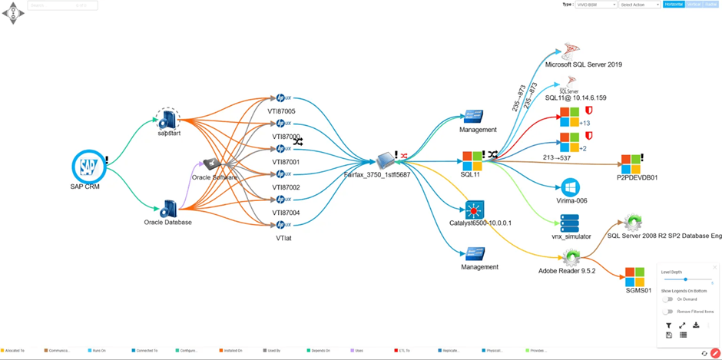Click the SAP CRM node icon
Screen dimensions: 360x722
[x=88, y=167]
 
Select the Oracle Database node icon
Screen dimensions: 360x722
[x=168, y=209]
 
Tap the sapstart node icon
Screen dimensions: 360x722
[x=167, y=119]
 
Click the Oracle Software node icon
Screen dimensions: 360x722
[x=211, y=164]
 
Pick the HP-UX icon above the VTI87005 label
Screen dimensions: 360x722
[x=283, y=98]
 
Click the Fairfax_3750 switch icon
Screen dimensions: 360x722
[x=386, y=160]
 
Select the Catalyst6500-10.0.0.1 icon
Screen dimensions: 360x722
[x=475, y=209]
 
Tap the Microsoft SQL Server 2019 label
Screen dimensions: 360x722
[x=583, y=64]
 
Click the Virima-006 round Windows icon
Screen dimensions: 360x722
[x=570, y=187]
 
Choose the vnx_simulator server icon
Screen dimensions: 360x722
[x=570, y=223]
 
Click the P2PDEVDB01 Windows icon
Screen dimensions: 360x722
[x=631, y=163]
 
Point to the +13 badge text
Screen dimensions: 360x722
[x=585, y=123]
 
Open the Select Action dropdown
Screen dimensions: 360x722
[x=640, y=5]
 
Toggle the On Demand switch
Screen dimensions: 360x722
[x=667, y=299]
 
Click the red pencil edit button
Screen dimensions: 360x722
[x=715, y=353]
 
